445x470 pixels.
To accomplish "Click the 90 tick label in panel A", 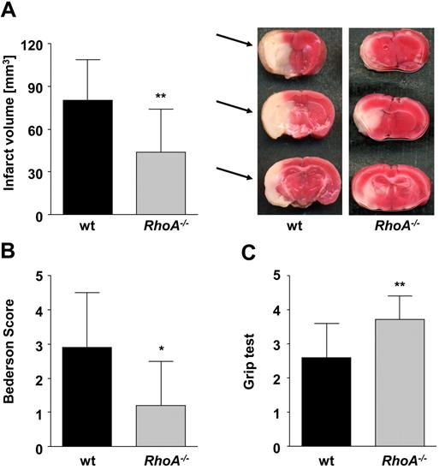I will tap(35, 87).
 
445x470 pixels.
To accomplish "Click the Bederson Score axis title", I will tap(12, 360).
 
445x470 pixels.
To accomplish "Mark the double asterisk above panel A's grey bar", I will tap(161, 97).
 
